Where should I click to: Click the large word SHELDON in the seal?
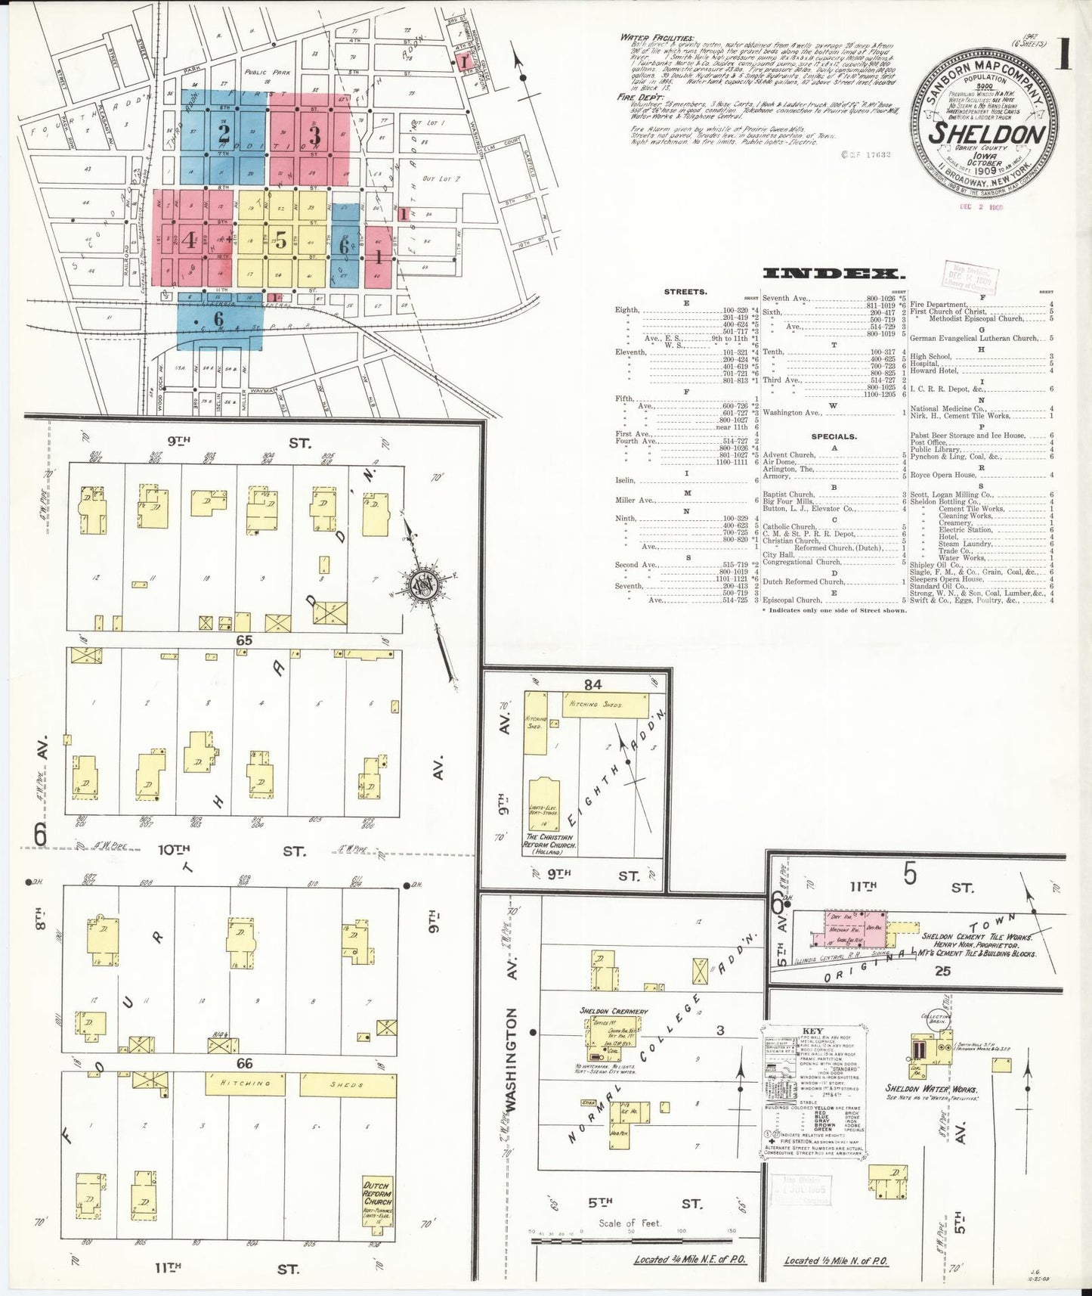click(x=987, y=133)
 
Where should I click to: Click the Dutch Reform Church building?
click(x=378, y=1218)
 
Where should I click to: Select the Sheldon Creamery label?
click(x=614, y=1011)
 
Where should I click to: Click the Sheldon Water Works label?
click(x=932, y=1090)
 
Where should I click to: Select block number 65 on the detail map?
click(x=243, y=640)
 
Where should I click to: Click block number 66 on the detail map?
click(x=244, y=1063)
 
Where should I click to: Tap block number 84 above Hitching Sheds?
click(x=592, y=684)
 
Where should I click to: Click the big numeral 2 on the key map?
click(x=224, y=135)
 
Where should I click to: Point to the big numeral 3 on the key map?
click(x=314, y=136)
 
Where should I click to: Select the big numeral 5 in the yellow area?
click(x=281, y=241)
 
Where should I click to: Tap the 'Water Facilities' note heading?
click(x=656, y=37)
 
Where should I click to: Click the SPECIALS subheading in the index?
click(x=834, y=436)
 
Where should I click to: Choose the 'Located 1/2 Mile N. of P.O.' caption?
click(x=836, y=1260)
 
